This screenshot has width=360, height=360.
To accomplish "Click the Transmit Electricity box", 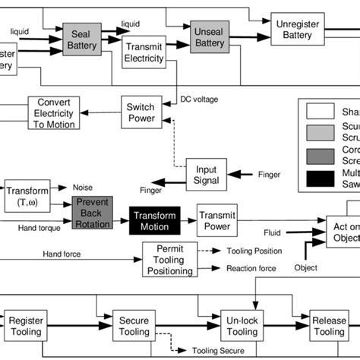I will pos(144,52).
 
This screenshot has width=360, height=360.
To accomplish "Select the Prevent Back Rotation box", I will pos(92,213).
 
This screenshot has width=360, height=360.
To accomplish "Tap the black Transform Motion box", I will pos(155,219).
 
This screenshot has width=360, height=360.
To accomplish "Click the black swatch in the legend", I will pos(318,179).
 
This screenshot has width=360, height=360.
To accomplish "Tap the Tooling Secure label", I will pos(219,352).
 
